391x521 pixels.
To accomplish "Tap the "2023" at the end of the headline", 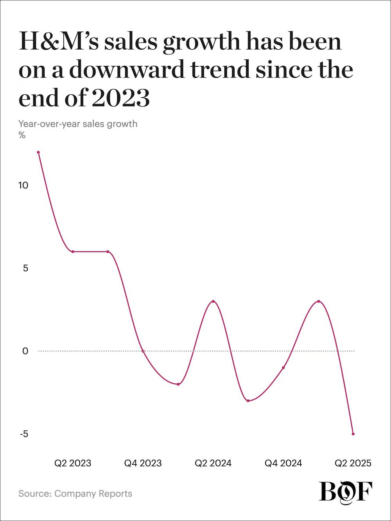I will [x=121, y=99].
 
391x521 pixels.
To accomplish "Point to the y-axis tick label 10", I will [x=23, y=185].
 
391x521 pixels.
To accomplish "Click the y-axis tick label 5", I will [x=25, y=268].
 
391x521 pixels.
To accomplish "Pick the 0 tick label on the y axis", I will [x=25, y=351].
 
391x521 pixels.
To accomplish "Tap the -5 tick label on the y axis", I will [x=23, y=434].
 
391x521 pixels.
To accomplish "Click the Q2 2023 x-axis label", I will [x=73, y=464].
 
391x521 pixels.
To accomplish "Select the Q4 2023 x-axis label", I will [x=143, y=464].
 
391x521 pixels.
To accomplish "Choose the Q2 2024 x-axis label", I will [x=213, y=464].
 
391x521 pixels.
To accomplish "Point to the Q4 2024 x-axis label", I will [x=283, y=464].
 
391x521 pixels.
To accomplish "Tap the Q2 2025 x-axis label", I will [x=353, y=464].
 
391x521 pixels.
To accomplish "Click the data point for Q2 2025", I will [x=353, y=434].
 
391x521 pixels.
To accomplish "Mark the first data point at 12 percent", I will [x=38, y=152].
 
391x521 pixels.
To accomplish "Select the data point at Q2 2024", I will [x=213, y=301].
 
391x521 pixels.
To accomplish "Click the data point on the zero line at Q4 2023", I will [x=143, y=351].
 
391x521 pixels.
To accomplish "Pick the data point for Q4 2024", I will [x=283, y=368].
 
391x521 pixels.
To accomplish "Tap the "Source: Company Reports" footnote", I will [x=75, y=494].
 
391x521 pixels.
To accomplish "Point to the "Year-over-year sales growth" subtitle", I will [x=78, y=124].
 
